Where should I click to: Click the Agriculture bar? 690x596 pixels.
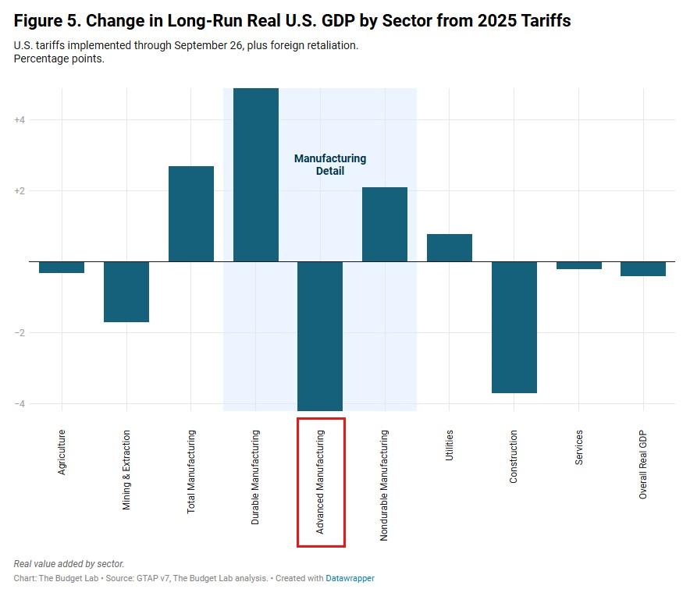tap(62, 267)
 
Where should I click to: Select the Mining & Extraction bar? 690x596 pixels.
tap(126, 292)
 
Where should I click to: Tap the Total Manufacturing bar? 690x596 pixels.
tap(191, 214)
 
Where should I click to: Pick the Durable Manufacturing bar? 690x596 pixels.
tap(256, 175)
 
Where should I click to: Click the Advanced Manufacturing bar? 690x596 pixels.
tap(320, 335)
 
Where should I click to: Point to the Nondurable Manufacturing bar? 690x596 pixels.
tap(385, 225)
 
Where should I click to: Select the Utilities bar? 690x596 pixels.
tap(450, 247)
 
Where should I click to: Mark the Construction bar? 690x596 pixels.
tap(514, 327)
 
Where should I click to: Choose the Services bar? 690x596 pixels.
tap(578, 265)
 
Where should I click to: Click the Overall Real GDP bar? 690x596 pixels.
tap(643, 268)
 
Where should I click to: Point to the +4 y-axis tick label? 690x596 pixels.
tap(20, 120)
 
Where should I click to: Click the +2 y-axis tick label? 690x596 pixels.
tap(20, 191)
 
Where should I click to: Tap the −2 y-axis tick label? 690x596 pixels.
tap(20, 333)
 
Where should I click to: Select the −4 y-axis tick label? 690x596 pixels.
tap(20, 404)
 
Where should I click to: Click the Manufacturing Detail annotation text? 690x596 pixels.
tap(330, 165)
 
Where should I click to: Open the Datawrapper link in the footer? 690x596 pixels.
tap(350, 579)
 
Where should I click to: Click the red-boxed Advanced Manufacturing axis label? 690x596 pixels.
tap(321, 482)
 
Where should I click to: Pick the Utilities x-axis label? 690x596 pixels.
tap(450, 445)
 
